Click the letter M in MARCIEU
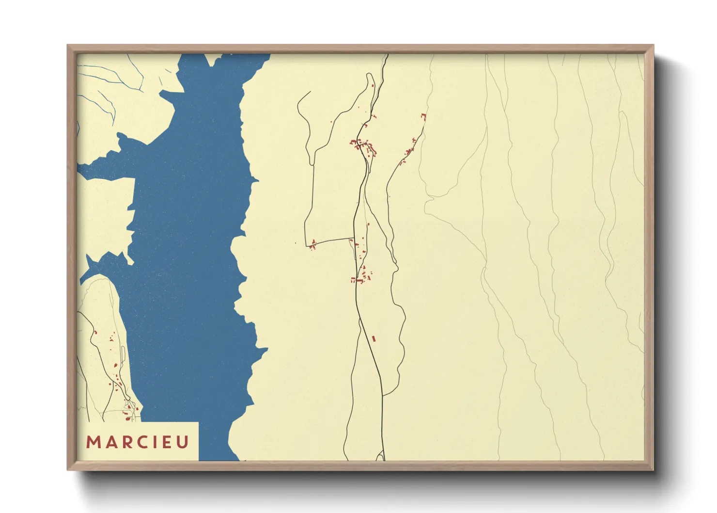click(93, 442)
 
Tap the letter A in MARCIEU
click(109, 442)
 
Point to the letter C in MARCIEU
click(141, 442)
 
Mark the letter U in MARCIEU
click(182, 442)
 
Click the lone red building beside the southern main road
click(374, 338)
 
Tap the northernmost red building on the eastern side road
click(423, 116)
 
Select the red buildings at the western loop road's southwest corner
click(313, 244)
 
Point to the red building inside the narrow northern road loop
click(372, 86)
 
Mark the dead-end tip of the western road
click(310, 92)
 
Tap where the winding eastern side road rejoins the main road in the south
click(383, 396)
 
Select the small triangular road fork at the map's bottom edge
click(380, 456)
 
